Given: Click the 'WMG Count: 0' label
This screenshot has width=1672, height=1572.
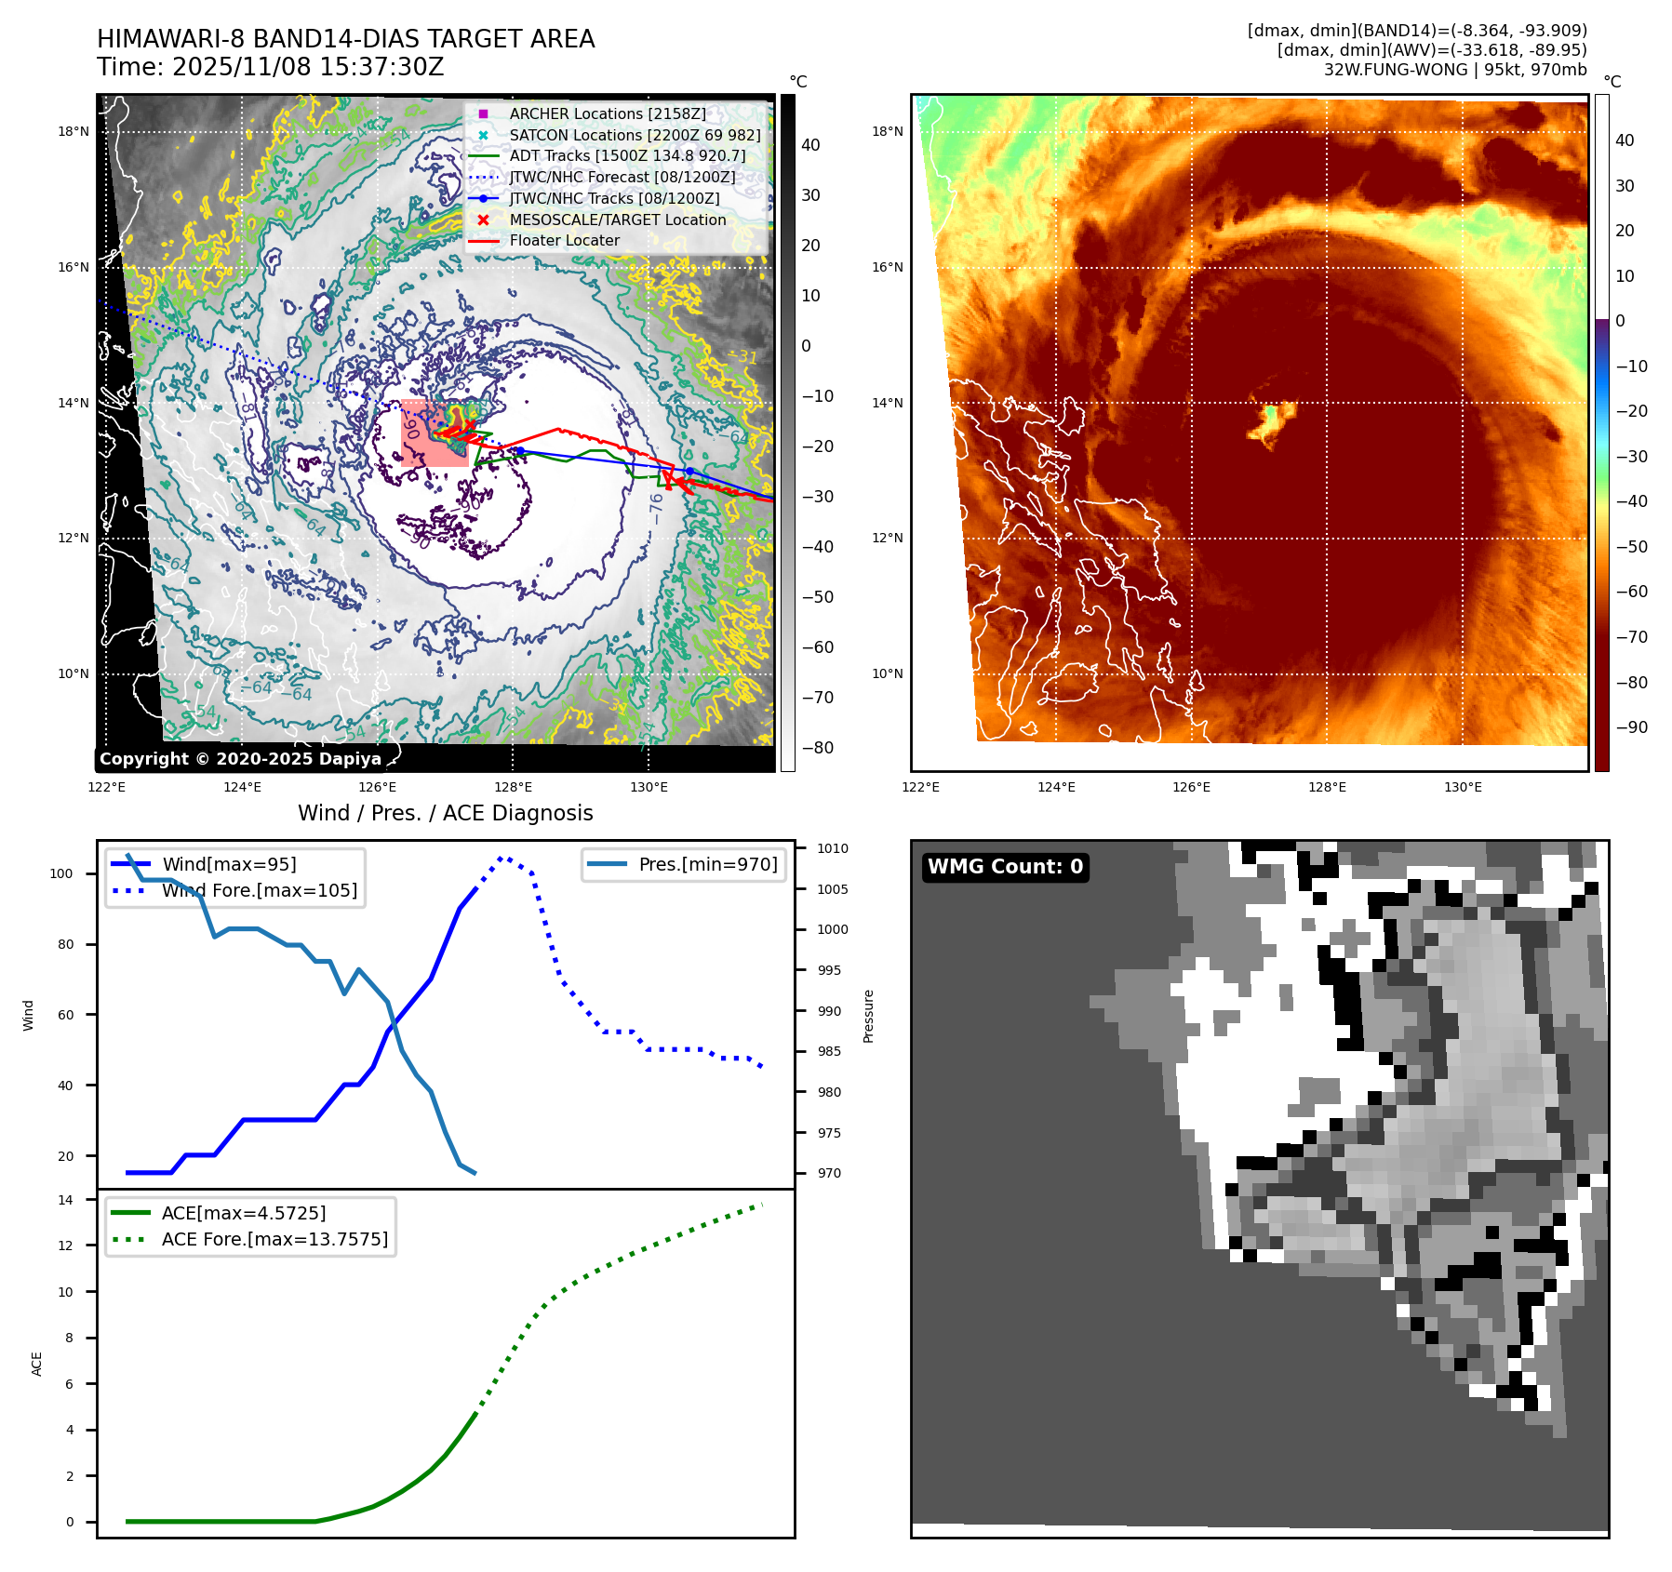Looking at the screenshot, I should click(1005, 867).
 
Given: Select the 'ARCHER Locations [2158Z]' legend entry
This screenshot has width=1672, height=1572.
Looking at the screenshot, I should click(607, 113).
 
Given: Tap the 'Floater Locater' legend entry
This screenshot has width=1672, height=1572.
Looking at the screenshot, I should click(564, 240).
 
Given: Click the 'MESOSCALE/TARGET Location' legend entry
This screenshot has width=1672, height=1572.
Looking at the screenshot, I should click(617, 220).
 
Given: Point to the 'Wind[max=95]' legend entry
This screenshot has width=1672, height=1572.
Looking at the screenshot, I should click(229, 864).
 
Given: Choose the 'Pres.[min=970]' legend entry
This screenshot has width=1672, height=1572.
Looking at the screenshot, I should click(707, 864).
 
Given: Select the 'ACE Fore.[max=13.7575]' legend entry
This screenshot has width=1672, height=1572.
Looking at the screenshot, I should click(274, 1239).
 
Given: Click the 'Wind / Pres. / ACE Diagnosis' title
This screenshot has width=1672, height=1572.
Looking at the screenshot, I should click(445, 813).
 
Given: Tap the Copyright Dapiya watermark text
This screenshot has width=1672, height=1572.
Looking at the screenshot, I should click(240, 759).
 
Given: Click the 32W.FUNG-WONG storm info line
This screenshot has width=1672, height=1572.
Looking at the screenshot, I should click(1454, 70).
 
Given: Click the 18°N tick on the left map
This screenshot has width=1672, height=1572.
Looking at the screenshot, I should click(74, 132).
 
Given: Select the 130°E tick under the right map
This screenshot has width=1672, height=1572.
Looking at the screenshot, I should click(1463, 787).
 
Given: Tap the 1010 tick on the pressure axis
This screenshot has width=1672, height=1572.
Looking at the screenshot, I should click(832, 848).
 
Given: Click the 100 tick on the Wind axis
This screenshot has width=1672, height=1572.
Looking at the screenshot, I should click(61, 873).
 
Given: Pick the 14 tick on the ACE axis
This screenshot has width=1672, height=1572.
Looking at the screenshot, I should click(65, 1200).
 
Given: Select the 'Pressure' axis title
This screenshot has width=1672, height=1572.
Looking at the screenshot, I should click(868, 1016).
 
